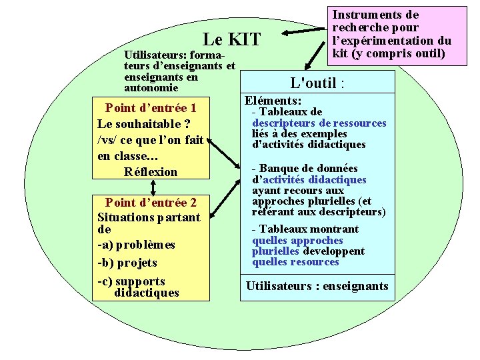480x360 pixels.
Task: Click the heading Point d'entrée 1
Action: point(151,107)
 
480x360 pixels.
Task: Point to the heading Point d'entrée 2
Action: point(151,202)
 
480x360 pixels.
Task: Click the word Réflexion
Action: point(151,171)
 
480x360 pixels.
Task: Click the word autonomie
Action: point(151,87)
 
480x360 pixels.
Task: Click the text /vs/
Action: point(107,139)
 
